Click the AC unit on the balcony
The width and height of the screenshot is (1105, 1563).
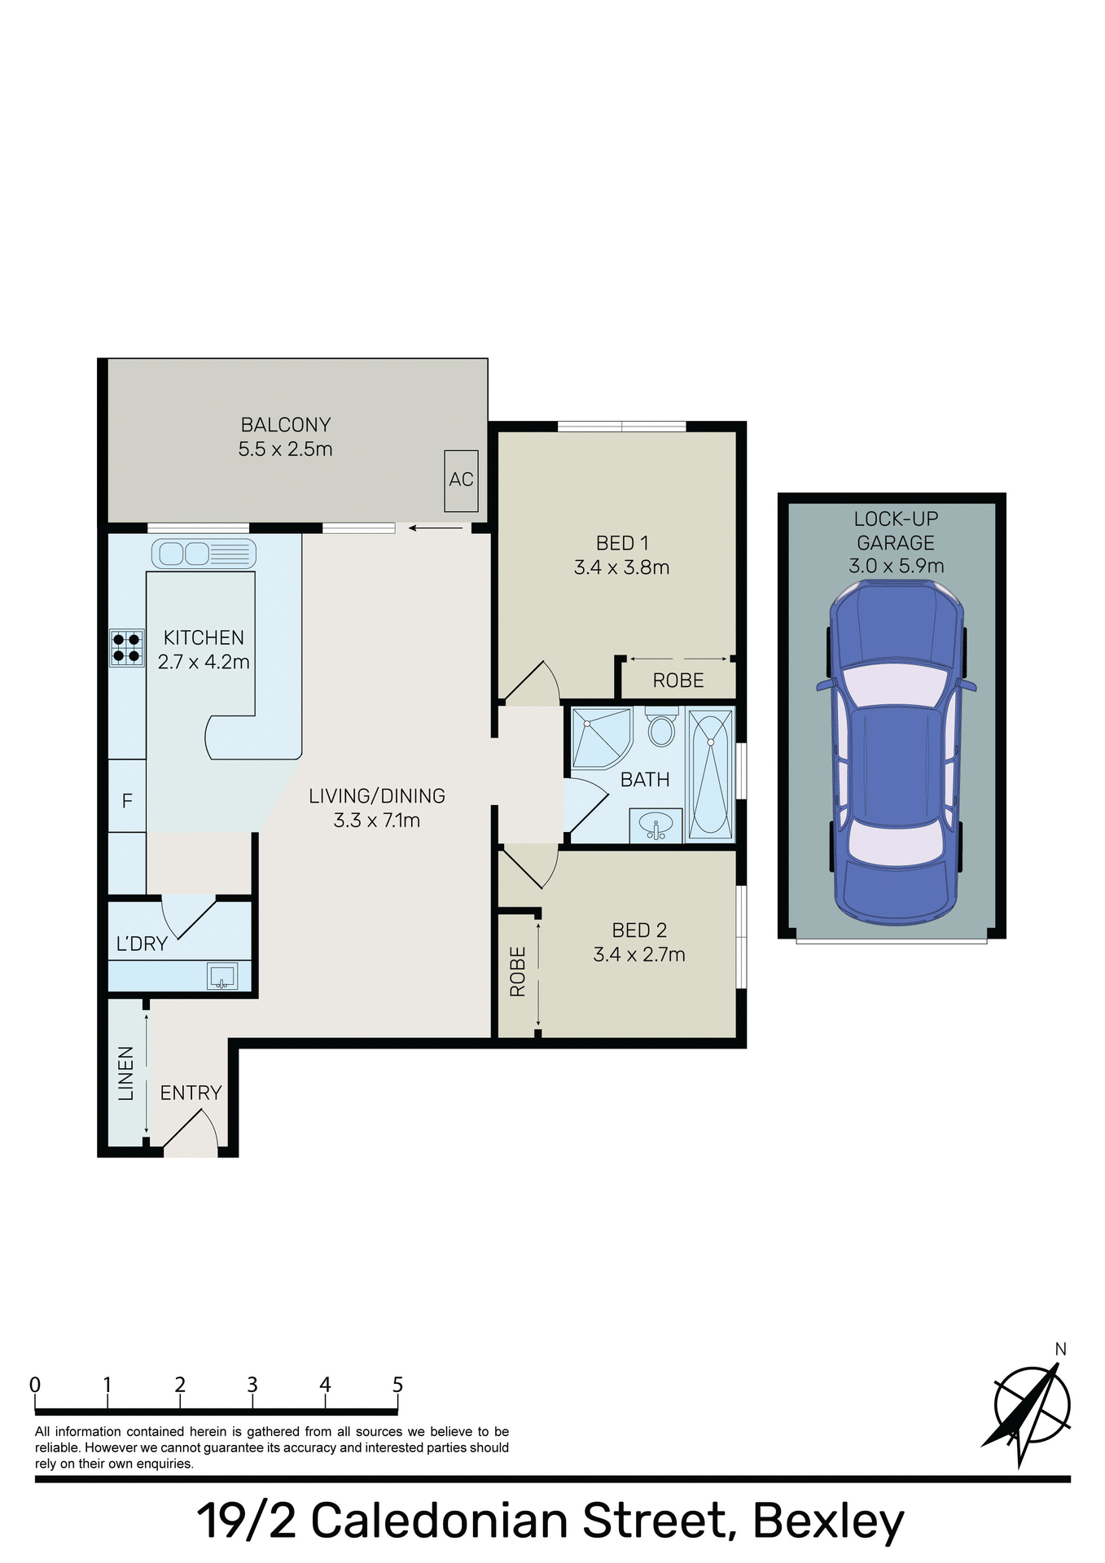(461, 480)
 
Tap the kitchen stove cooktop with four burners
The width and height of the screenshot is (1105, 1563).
(127, 648)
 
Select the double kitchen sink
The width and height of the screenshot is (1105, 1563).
(204, 554)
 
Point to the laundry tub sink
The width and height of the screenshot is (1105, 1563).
(222, 975)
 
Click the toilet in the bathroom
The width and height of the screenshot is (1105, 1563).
(661, 727)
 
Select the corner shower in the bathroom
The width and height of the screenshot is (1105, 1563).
(600, 738)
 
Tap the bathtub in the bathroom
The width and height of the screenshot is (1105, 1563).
(710, 773)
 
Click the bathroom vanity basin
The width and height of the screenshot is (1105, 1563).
(656, 825)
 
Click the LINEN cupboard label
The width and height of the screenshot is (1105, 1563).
(126, 1074)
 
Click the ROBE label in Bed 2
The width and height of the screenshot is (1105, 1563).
(518, 971)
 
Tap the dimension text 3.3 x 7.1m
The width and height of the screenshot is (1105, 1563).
(376, 821)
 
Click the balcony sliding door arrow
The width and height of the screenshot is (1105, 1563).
(435, 528)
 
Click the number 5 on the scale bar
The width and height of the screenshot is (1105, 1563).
(397, 1385)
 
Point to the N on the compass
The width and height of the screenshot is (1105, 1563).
(1060, 1350)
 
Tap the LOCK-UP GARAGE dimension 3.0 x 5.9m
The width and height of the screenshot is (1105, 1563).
(896, 566)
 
